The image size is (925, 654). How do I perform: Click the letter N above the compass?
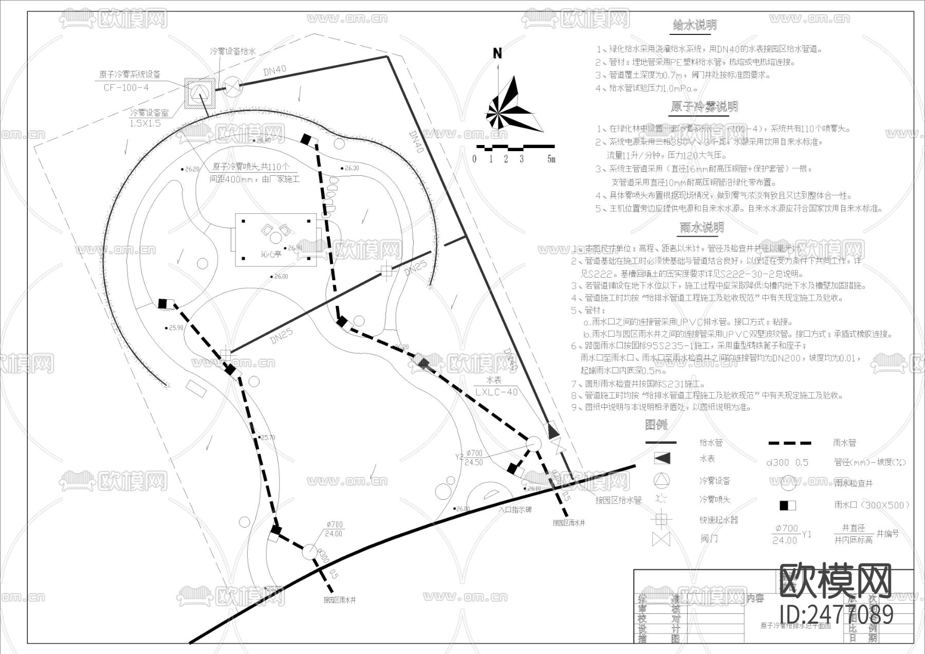(497, 53)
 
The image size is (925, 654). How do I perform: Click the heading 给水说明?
(695, 25)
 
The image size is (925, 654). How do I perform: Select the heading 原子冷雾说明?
(704, 106)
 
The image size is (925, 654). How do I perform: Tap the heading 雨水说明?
(701, 227)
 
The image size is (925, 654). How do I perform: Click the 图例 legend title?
(656, 425)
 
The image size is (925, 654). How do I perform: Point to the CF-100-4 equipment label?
(126, 87)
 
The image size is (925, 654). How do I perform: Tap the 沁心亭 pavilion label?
(271, 254)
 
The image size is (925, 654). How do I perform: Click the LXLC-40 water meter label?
(496, 392)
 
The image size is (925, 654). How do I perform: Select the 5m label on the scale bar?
(551, 159)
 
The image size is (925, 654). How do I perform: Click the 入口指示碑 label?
(514, 510)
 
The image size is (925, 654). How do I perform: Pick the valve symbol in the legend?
(661, 539)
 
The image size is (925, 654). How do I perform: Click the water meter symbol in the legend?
(661, 458)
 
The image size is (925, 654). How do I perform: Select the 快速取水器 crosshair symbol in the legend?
(661, 519)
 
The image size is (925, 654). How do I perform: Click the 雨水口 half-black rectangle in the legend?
(787, 505)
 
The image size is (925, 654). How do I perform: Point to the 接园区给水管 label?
(618, 500)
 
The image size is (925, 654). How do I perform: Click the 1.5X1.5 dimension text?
(145, 123)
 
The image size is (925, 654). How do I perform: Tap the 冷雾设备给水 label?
(232, 51)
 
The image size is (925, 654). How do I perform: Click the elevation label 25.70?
(268, 438)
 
